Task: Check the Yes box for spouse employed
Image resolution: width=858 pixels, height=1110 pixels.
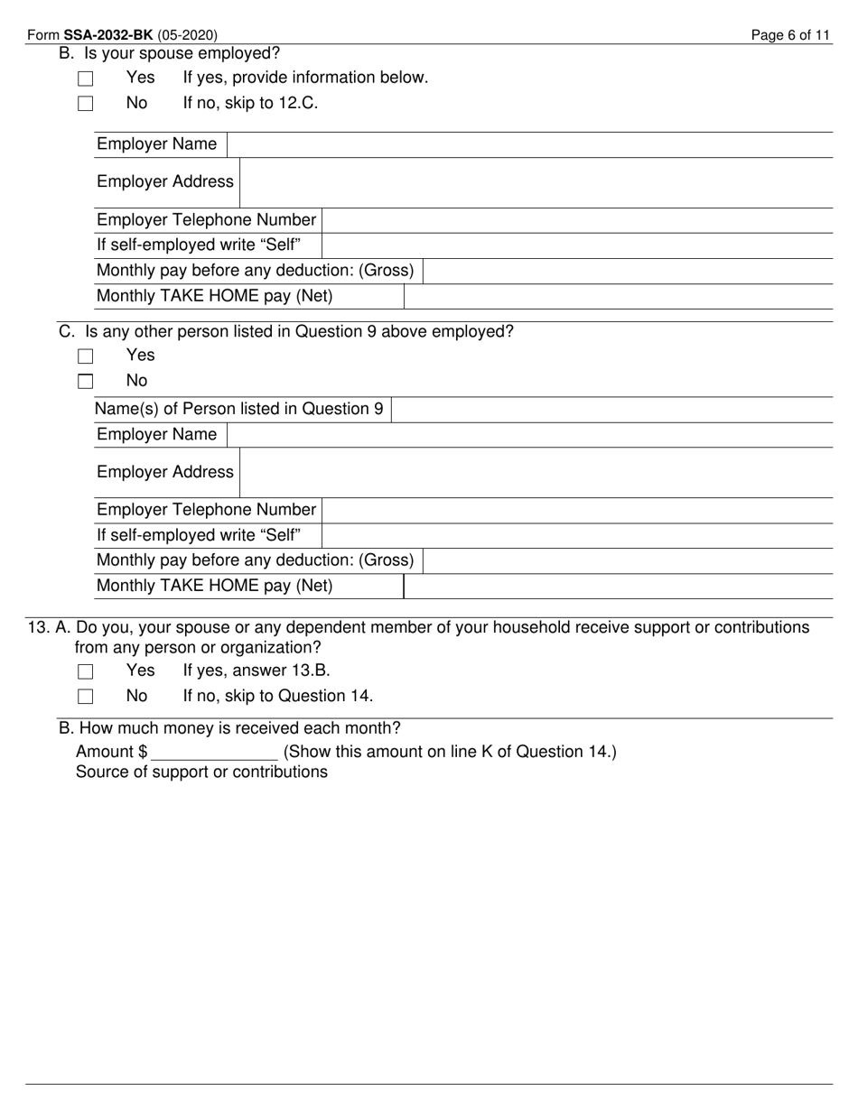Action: pos(86,79)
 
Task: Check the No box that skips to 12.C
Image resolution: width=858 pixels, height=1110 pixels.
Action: pos(86,104)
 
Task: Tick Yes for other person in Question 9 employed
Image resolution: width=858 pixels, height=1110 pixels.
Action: pos(86,356)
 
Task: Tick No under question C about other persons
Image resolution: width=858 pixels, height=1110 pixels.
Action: pos(86,382)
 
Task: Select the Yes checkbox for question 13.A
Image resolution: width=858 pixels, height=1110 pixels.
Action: pos(86,671)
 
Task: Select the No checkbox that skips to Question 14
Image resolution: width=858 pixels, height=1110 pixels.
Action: pos(86,697)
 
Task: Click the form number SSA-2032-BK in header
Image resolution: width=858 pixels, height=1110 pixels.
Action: pos(107,35)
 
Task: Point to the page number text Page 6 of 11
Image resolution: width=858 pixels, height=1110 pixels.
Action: pos(790,35)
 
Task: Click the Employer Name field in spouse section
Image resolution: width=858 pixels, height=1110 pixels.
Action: pos(528,144)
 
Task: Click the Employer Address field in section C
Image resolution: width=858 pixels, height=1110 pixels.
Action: pos(535,473)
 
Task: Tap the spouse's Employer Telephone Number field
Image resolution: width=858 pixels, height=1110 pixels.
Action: pos(576,220)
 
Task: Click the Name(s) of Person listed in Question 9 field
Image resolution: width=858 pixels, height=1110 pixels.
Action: pos(611,409)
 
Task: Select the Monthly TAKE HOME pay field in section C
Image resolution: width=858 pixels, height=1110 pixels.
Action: pos(617,586)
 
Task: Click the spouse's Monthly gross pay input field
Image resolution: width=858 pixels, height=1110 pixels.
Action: pos(627,271)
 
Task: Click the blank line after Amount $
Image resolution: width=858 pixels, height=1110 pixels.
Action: pos(215,752)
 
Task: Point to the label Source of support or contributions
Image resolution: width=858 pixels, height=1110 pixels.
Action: pos(201,772)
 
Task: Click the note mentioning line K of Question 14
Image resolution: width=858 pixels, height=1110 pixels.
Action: pos(450,752)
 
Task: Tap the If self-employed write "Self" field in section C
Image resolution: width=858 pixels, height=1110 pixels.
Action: pos(576,535)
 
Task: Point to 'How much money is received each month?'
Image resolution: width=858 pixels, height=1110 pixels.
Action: pos(239,728)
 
